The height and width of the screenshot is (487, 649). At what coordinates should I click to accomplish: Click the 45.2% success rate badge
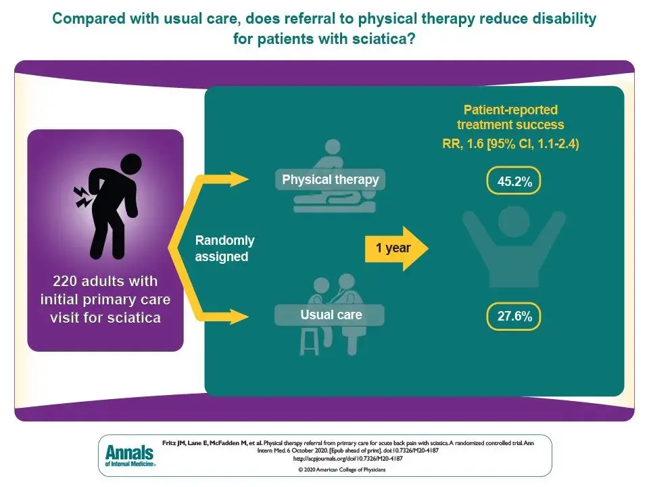point(513,181)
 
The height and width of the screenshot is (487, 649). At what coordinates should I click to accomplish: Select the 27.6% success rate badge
point(513,317)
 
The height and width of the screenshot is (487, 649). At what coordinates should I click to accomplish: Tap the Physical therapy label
point(331,179)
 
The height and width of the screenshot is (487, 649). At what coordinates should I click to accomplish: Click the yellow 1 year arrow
point(396,248)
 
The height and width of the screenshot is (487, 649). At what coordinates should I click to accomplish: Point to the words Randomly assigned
point(224,248)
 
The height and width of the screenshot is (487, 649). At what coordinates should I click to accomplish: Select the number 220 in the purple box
point(65,281)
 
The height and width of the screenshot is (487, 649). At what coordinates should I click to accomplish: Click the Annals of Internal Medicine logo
point(130,455)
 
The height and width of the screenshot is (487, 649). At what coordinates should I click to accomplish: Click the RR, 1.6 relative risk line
point(510,143)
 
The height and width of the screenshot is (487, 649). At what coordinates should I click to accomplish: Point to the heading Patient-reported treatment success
point(510,117)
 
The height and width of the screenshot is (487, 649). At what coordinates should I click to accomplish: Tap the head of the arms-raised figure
point(514,222)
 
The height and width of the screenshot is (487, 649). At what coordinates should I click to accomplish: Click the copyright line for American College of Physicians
point(342,469)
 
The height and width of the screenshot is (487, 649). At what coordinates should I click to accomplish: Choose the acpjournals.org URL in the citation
point(347,459)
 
